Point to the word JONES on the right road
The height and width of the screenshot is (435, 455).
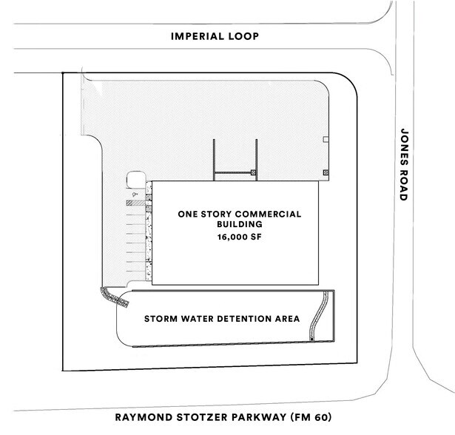coord(403,141)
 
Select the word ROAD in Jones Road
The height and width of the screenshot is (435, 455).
coord(403,184)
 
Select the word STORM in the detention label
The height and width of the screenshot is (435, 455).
coord(160,320)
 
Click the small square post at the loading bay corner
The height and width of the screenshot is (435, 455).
coord(253,172)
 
